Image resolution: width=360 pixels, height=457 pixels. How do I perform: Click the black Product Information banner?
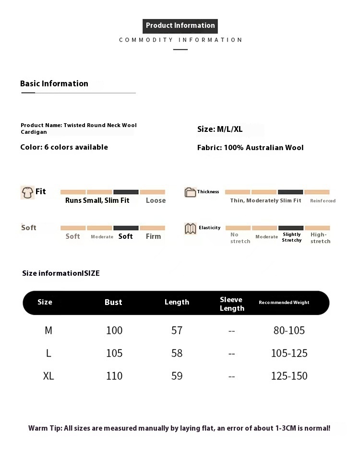click(180, 26)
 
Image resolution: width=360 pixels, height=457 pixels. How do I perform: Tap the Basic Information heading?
click(54, 83)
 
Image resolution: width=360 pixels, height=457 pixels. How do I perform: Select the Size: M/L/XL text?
click(220, 129)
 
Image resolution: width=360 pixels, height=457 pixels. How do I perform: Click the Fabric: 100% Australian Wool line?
click(250, 148)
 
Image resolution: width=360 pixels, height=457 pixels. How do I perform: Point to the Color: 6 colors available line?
click(64, 147)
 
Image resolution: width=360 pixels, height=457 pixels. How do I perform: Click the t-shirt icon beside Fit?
click(27, 192)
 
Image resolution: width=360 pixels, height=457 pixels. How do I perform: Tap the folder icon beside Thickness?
click(190, 192)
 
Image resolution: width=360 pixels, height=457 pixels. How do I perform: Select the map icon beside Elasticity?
click(190, 229)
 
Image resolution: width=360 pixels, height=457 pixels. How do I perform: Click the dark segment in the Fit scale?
click(126, 192)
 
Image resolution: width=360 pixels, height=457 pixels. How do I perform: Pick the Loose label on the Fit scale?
click(156, 200)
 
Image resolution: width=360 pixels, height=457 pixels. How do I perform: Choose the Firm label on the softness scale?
click(153, 236)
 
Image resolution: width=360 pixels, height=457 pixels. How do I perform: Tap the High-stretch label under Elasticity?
click(320, 238)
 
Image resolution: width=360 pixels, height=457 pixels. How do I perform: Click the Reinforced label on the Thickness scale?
click(323, 201)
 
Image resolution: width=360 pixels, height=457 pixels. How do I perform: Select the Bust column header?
click(113, 302)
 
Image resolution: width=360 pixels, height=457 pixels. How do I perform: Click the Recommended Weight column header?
click(284, 303)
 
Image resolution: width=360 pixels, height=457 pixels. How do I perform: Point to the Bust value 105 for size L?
click(114, 353)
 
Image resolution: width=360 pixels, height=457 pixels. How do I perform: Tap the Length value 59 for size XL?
click(177, 376)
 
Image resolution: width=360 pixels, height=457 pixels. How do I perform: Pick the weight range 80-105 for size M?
click(289, 330)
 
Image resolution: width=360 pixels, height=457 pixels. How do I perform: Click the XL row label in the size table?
click(48, 376)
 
